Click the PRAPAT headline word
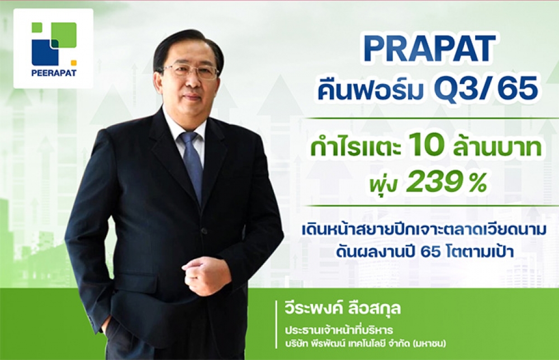point(429,49)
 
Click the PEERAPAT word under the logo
point(54,73)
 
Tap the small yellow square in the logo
point(73,63)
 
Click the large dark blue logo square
point(45,53)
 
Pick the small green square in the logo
point(37,27)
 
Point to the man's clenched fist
point(207,275)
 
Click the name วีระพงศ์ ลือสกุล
point(343,308)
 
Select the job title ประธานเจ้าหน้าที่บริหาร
point(339,330)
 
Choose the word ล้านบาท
point(497,147)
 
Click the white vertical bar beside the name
point(277,324)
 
